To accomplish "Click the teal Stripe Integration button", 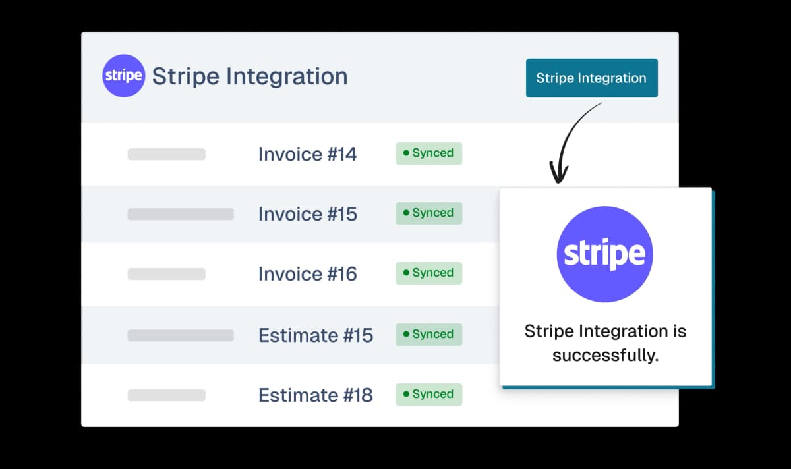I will (591, 78).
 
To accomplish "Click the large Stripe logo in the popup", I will (605, 254).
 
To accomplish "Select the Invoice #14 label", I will (307, 154).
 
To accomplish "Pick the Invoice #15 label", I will (307, 214).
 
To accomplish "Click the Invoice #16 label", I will (307, 274).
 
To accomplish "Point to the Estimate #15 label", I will (315, 335).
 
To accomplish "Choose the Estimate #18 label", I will (315, 395).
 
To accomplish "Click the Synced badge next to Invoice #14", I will (428, 153).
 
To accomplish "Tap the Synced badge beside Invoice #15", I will (428, 213).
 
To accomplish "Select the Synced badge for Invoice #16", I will (428, 273).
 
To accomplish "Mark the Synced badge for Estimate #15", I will (428, 335).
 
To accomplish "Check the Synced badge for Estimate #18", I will (428, 395).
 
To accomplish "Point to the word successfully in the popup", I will (605, 356).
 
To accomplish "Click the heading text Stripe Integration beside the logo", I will (250, 76).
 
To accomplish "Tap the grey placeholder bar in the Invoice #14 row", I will (166, 155).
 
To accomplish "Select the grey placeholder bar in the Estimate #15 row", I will (181, 335).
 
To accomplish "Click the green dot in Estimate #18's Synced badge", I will (406, 395).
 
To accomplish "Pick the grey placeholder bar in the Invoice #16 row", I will (166, 274).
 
